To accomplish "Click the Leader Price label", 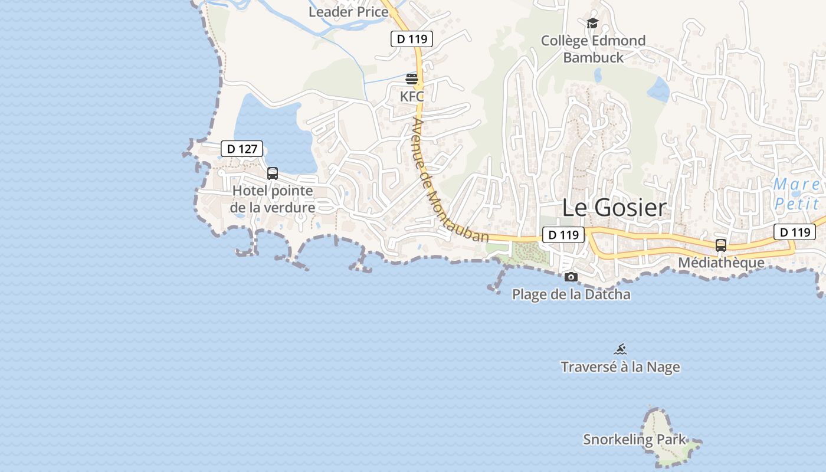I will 348,11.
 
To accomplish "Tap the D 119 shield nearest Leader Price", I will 412,39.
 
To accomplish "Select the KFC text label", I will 412,96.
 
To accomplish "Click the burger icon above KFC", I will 412,78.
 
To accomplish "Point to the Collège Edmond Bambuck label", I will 594,49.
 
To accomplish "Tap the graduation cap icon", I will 592,23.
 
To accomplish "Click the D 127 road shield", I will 242,149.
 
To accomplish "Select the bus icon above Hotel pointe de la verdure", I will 273,173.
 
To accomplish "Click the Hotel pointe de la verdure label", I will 273,199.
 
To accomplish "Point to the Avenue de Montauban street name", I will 451,180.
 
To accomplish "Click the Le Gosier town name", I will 614,207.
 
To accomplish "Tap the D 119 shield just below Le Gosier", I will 563,235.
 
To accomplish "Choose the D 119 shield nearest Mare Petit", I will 794,232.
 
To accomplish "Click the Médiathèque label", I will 721,263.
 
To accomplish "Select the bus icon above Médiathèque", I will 721,245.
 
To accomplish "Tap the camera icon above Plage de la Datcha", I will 571,277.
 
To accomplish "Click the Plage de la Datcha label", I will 571,294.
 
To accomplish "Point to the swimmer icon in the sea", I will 620,349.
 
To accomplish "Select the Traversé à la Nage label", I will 620,367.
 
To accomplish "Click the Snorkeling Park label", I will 635,439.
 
